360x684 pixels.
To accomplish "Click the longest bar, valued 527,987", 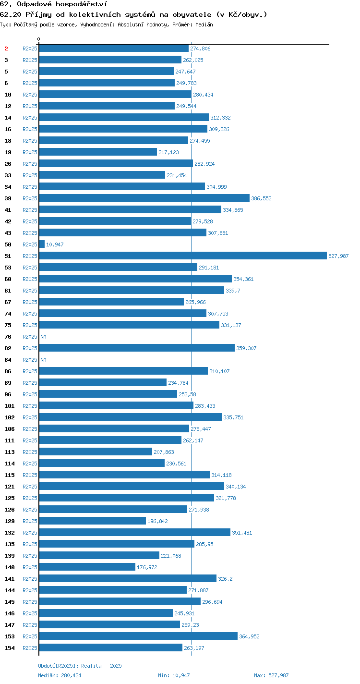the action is (x=183, y=256).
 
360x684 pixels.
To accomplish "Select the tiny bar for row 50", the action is (x=42, y=244).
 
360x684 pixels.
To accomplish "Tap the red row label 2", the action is (x=6, y=49).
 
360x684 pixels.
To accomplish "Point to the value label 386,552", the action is (x=261, y=198).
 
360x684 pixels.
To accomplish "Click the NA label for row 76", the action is (x=43, y=337).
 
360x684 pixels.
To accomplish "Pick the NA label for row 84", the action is (x=43, y=360).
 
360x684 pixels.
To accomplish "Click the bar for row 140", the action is (x=87, y=567).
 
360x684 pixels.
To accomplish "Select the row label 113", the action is (x=10, y=452).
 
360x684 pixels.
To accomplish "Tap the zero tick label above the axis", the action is (x=38, y=39).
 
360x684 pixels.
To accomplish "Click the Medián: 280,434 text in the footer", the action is (x=60, y=675).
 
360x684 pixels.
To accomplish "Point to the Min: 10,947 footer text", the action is (x=174, y=675).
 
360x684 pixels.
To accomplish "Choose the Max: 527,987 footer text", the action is (x=271, y=675).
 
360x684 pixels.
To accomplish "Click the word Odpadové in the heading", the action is (x=34, y=4).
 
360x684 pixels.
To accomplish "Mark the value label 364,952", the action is (x=249, y=636).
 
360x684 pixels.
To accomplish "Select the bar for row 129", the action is (x=93, y=521).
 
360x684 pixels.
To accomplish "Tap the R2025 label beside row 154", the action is (x=30, y=648).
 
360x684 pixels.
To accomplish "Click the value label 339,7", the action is (x=233, y=291).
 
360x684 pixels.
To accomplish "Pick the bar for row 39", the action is (x=144, y=198).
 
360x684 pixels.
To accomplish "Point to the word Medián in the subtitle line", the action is (x=204, y=24).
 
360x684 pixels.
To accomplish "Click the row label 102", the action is (x=10, y=417).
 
